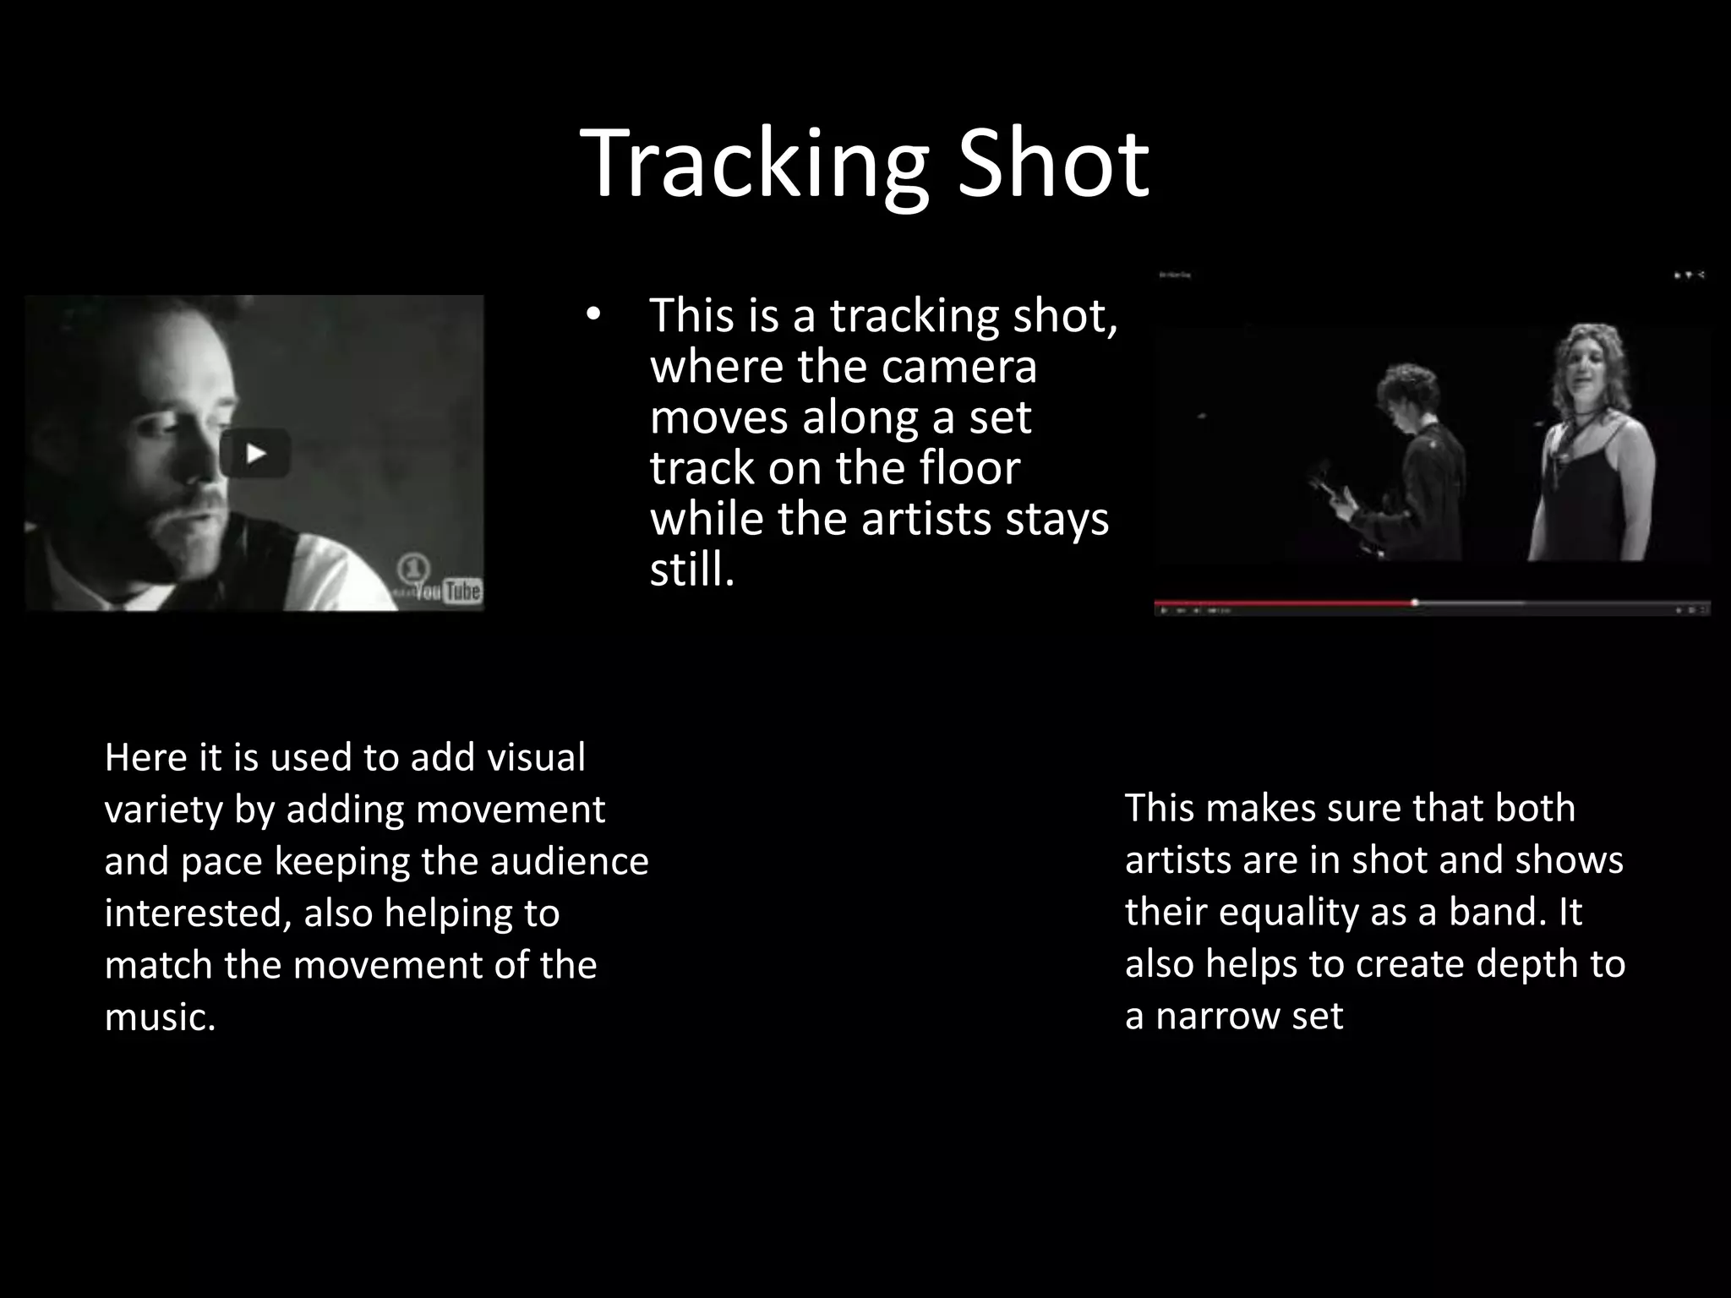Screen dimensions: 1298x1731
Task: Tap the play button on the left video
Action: point(255,454)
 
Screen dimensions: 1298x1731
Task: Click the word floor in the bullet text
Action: point(970,468)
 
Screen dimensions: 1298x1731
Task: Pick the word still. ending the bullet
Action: point(692,570)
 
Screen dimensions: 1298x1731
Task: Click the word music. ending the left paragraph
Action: point(160,1017)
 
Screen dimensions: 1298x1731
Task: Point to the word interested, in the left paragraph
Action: point(197,914)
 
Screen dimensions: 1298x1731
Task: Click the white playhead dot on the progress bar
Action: point(1414,603)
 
